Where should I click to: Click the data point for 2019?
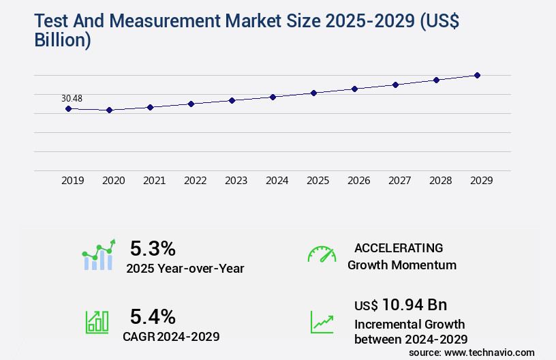pos(68,108)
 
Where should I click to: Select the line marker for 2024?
pos(273,97)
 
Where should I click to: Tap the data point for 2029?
pos(477,75)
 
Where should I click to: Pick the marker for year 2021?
pos(150,107)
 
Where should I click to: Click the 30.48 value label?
pos(72,98)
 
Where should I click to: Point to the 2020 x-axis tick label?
pos(113,181)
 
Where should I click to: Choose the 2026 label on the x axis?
pos(358,181)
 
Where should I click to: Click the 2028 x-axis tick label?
pos(440,181)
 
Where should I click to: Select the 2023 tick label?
pos(236,181)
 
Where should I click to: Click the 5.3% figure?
pos(153,248)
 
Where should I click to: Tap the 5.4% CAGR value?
pos(153,316)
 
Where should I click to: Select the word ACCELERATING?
pos(399,248)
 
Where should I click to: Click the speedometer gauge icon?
pos(322,254)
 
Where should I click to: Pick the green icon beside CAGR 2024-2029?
pos(97,322)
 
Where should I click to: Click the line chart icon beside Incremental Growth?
pos(322,322)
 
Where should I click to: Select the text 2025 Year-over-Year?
pos(185,269)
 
